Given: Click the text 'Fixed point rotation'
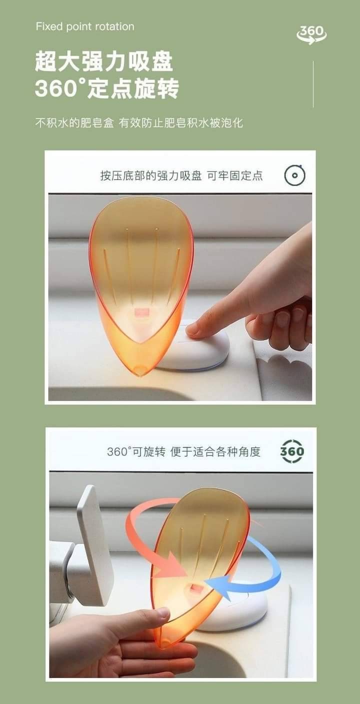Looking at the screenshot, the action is [85, 26].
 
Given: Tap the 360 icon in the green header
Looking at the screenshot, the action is [311, 34].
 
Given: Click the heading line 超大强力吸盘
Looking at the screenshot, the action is [104, 61].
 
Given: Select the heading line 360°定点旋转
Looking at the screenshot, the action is [107, 88].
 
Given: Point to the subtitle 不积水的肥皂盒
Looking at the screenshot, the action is [74, 122].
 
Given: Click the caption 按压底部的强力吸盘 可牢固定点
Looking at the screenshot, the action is [181, 175].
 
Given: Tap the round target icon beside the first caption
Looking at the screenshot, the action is [295, 175].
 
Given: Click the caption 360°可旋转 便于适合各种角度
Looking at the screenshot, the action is [183, 451].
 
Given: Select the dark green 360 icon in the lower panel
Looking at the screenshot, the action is [292, 451].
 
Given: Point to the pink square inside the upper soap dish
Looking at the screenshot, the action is [142, 312].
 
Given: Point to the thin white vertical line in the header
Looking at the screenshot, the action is [313, 84].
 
